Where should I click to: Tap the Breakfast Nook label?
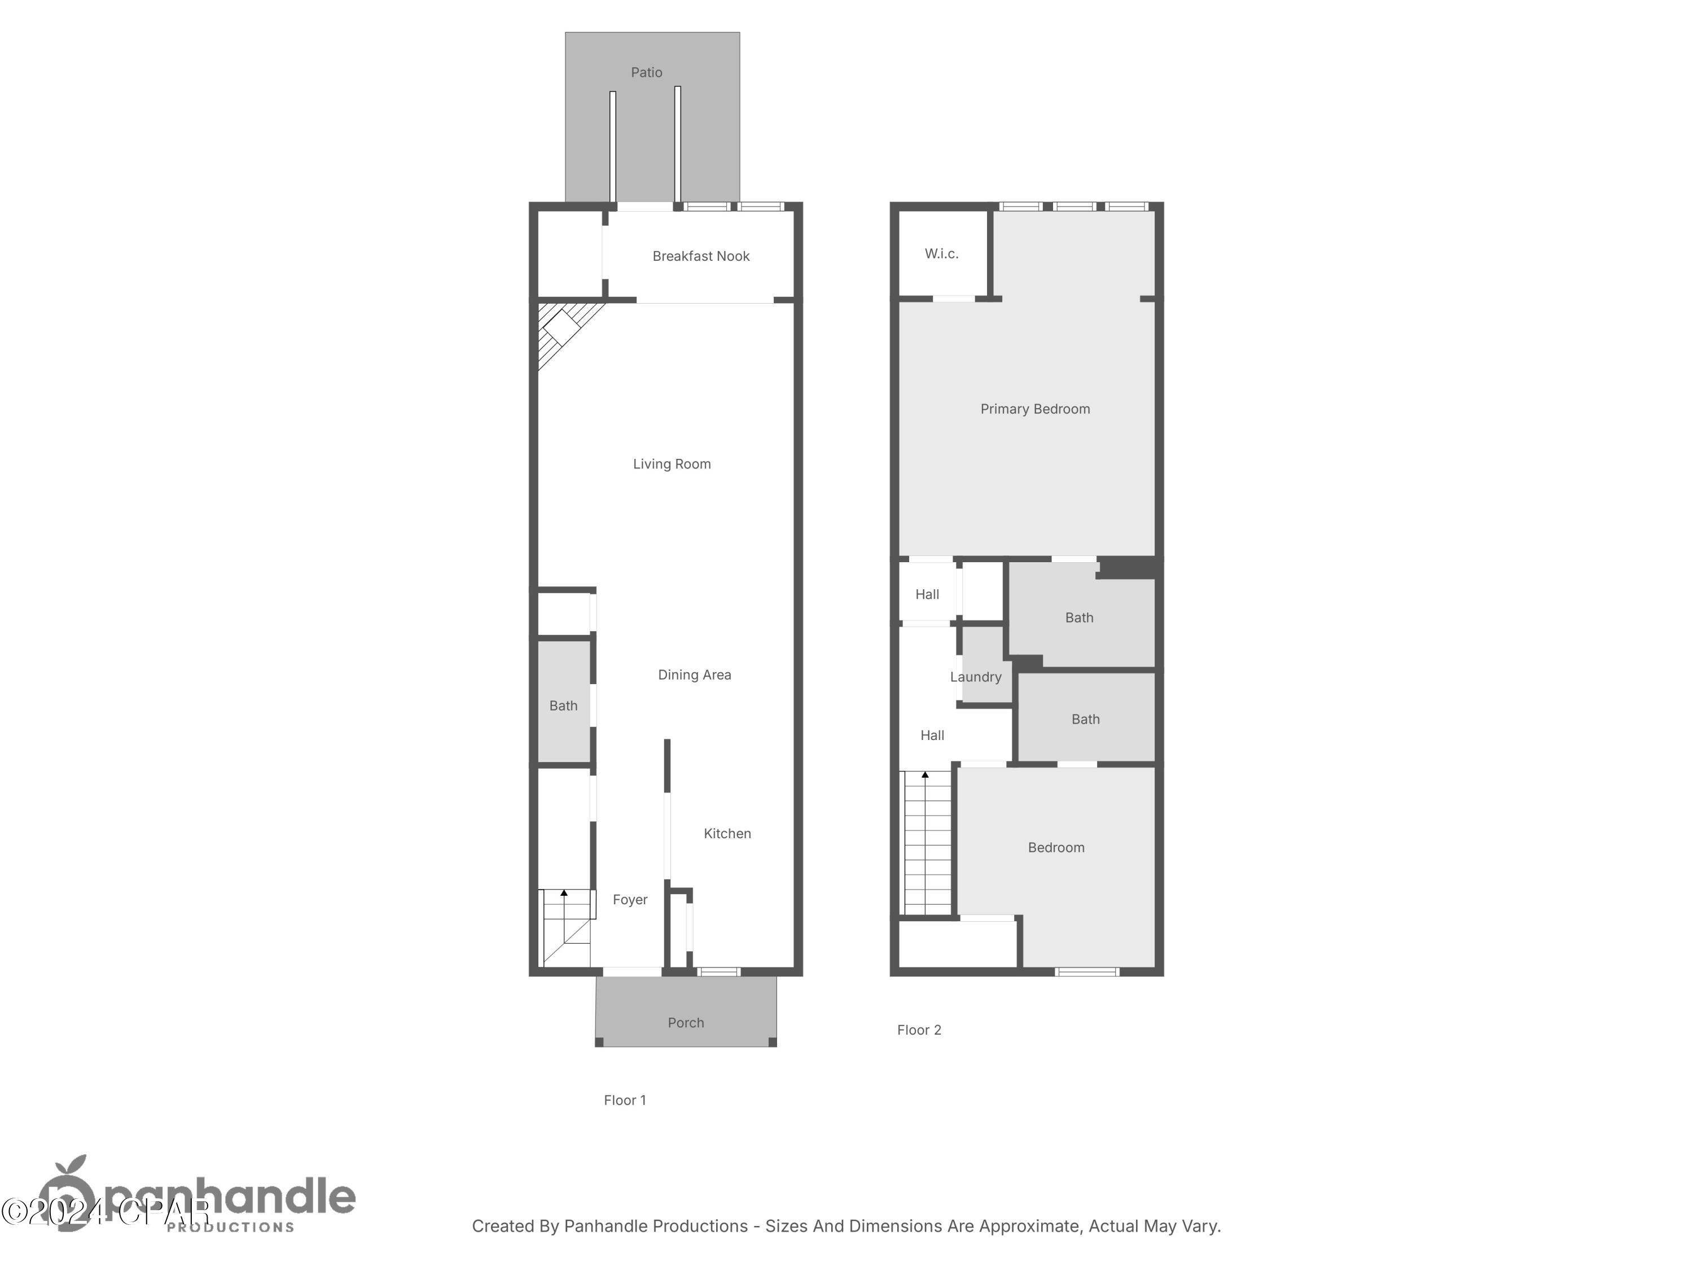tap(700, 256)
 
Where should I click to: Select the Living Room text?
tap(671, 464)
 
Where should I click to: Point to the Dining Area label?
tap(694, 675)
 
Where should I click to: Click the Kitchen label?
tap(727, 834)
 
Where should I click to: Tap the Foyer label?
tap(630, 900)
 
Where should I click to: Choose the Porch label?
tap(685, 1023)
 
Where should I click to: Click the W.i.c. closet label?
tap(941, 253)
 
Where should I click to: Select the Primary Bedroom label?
tap(1035, 409)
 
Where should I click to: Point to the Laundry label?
tap(975, 677)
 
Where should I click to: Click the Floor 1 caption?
tap(625, 1100)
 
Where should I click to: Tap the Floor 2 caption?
tap(918, 1030)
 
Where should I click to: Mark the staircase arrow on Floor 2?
tap(926, 776)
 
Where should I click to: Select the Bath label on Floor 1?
tap(563, 706)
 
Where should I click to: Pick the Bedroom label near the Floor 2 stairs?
tap(1055, 847)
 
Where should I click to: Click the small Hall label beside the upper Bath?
tap(927, 594)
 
